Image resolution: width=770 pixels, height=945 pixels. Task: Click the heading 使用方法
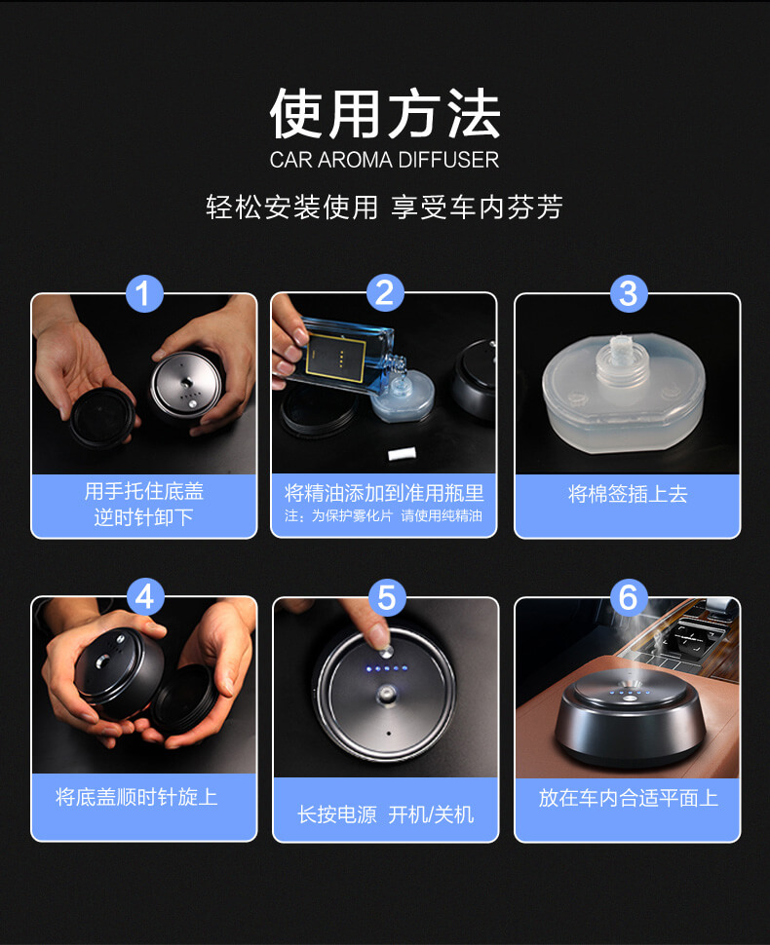pyautogui.click(x=385, y=113)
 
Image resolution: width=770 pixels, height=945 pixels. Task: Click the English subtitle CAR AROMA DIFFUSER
pyautogui.click(x=384, y=160)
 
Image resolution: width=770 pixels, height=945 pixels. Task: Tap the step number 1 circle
pyautogui.click(x=144, y=293)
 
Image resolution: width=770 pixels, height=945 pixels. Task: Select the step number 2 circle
pyautogui.click(x=385, y=293)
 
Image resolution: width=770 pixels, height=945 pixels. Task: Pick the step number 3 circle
pyautogui.click(x=628, y=293)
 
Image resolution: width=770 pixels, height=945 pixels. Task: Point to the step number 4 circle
pyautogui.click(x=144, y=596)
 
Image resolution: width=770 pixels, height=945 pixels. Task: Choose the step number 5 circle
pyautogui.click(x=386, y=597)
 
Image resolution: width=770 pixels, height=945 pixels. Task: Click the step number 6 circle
pyautogui.click(x=628, y=596)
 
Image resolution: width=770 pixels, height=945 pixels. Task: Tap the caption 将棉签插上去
pyautogui.click(x=628, y=494)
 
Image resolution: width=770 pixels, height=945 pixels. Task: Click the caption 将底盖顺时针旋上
pyautogui.click(x=136, y=797)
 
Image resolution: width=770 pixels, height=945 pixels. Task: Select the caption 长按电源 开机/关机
pyautogui.click(x=385, y=814)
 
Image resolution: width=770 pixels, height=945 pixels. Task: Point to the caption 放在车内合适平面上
pyautogui.click(x=629, y=797)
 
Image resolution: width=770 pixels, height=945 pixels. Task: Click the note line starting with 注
pyautogui.click(x=383, y=516)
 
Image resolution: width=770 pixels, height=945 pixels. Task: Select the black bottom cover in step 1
pyautogui.click(x=101, y=418)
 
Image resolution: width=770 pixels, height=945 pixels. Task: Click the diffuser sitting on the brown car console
pyautogui.click(x=629, y=717)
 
